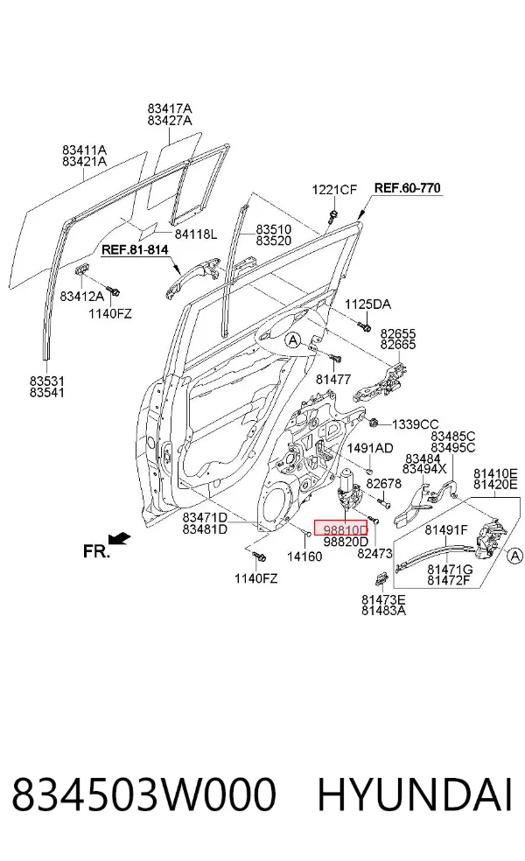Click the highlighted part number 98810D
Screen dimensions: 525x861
(x=345, y=530)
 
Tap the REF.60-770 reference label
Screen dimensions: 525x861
(x=408, y=188)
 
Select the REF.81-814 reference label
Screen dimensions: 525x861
(x=135, y=250)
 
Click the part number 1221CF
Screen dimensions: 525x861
(x=334, y=190)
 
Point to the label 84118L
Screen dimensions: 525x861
(x=196, y=234)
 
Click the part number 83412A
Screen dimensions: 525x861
(x=81, y=297)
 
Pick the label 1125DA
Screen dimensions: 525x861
(x=368, y=304)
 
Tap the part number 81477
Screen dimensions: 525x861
(x=333, y=380)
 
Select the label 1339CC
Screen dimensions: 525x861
(x=415, y=424)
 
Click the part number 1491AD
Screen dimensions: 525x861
(x=370, y=448)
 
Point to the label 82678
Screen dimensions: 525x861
(x=384, y=484)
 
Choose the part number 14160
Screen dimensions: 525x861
(x=304, y=556)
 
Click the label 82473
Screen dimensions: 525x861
(x=374, y=554)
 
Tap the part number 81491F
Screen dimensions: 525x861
(x=446, y=530)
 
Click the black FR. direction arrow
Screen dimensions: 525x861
(x=119, y=539)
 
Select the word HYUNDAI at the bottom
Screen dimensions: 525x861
(x=415, y=794)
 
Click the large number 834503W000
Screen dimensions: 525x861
(x=143, y=794)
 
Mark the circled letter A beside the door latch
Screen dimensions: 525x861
(x=515, y=556)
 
